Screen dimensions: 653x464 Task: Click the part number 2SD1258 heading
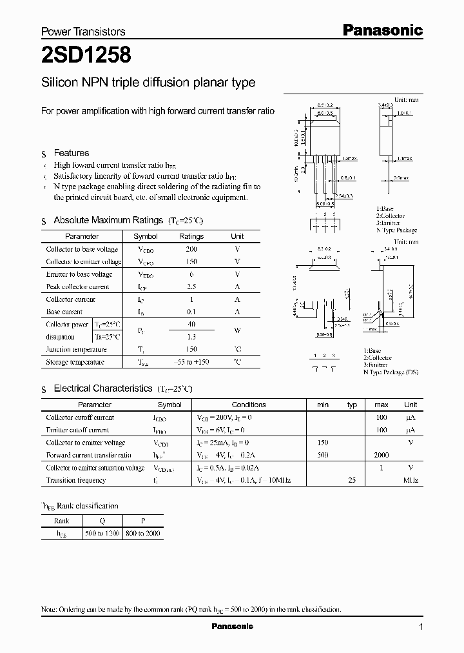tap(86, 55)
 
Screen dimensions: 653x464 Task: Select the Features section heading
tap(71, 153)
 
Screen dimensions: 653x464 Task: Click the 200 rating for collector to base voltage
tap(191, 249)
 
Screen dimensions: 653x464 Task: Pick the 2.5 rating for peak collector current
tap(191, 286)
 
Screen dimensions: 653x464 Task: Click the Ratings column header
tap(191, 236)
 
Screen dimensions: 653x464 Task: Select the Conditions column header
tap(248, 405)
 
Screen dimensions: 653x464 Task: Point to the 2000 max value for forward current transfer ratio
tap(381, 455)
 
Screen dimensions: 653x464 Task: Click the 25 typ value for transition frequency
tap(352, 480)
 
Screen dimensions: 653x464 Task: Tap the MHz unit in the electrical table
tap(411, 480)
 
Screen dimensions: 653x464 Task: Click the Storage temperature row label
tap(75, 362)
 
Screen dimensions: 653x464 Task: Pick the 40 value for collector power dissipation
tap(191, 324)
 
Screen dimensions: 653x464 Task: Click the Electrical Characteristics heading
tap(102, 388)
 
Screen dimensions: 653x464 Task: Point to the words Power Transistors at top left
tap(83, 32)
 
